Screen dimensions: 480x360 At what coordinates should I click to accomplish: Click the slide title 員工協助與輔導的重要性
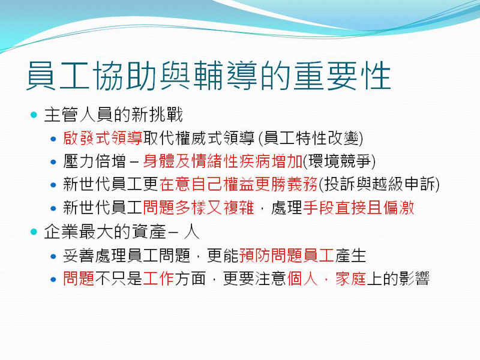coord(209,76)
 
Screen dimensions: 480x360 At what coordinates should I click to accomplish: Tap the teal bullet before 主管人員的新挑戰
coord(34,115)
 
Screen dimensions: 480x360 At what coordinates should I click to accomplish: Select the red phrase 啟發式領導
coord(103,138)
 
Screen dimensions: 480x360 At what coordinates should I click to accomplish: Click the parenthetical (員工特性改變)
coord(311,138)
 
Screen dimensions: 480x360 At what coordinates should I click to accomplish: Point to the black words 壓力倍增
coord(95,161)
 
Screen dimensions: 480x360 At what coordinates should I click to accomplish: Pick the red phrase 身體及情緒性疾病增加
coord(223,161)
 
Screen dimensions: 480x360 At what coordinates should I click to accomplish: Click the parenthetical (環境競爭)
coord(339,161)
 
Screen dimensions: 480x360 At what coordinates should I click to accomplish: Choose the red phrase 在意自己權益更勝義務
coord(238,184)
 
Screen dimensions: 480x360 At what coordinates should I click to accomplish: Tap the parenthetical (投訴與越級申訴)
coord(379,184)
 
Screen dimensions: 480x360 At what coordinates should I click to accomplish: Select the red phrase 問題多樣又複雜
coord(199,208)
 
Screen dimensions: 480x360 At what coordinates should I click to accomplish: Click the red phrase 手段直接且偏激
coord(358,208)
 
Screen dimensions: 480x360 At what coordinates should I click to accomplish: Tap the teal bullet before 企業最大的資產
coord(34,232)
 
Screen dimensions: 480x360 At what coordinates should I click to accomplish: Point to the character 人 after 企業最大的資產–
coord(191,232)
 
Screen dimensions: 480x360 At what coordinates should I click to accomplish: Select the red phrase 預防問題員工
coord(286,256)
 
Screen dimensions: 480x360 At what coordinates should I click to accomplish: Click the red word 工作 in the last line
coord(158,278)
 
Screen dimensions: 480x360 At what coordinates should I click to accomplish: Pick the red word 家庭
coord(351,278)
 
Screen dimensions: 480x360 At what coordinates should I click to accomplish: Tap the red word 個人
coord(302,278)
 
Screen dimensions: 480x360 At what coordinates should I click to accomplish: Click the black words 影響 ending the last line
coord(414,278)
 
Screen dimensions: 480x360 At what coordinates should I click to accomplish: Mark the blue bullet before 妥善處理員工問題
coord(53,256)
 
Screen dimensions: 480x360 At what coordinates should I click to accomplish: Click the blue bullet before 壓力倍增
coord(53,162)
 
